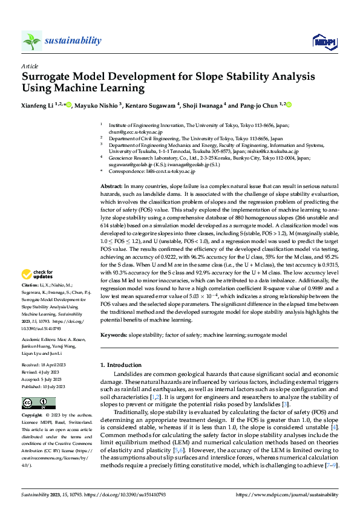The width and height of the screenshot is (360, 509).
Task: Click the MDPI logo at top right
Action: (x=320, y=41)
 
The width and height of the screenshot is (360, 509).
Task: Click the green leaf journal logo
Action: (x=31, y=41)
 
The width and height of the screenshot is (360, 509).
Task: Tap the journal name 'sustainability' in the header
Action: (x=73, y=41)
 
